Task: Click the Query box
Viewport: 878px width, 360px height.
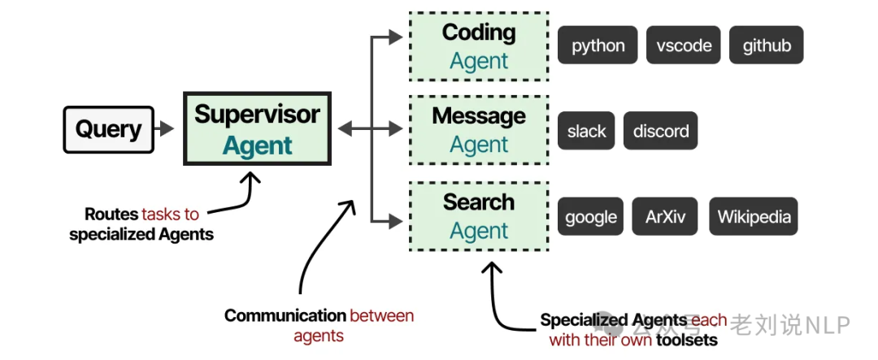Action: point(108,129)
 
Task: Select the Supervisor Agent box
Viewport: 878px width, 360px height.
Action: point(257,129)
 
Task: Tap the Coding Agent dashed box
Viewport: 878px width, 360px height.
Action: point(479,46)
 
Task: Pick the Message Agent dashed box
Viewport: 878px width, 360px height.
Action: point(479,130)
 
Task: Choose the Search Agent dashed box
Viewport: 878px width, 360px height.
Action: point(479,216)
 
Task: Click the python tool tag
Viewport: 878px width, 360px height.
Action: point(598,46)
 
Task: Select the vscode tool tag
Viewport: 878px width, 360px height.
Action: point(684,46)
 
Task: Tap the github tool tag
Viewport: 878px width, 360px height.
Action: point(766,46)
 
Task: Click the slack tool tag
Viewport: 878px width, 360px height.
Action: point(586,131)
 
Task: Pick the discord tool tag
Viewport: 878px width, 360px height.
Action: point(660,131)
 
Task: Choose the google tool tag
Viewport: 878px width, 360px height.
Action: point(590,217)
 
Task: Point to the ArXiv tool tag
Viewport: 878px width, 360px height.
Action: point(665,217)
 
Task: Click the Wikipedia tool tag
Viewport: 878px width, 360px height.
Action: point(754,217)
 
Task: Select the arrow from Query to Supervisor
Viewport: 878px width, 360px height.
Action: point(165,128)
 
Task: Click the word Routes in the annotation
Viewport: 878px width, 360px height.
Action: point(112,215)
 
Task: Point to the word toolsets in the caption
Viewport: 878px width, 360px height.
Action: point(688,340)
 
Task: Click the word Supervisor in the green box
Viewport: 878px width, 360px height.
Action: point(257,115)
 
